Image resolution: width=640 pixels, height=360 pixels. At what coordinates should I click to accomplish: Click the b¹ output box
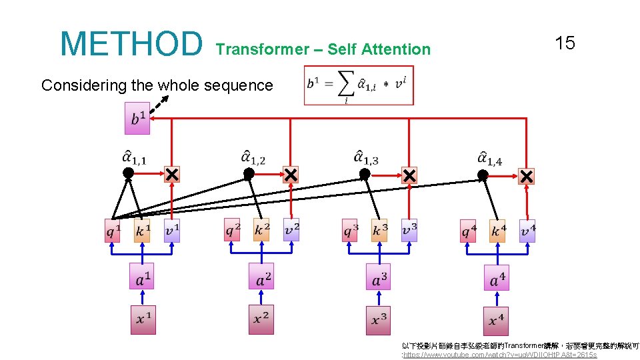pos(137,119)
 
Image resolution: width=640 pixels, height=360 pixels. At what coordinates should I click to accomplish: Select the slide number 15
pos(565,44)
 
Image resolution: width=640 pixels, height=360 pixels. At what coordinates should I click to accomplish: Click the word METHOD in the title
pos(131,44)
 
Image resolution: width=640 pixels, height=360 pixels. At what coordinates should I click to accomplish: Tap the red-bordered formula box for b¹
pos(359,85)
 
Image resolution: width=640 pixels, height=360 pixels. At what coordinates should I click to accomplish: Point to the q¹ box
pos(113,231)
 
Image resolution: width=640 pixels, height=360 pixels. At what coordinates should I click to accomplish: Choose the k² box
pos(261,230)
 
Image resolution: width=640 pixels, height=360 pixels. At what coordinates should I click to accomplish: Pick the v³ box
pos(409,231)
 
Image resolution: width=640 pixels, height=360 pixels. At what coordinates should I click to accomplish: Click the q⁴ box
pos(469,231)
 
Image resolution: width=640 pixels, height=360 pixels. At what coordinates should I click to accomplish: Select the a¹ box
pos(141,277)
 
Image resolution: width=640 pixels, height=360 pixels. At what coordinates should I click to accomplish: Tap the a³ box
pos(378,277)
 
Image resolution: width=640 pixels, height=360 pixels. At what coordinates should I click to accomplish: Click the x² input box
pos(261,319)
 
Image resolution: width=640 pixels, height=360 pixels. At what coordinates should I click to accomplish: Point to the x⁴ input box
pos(495,320)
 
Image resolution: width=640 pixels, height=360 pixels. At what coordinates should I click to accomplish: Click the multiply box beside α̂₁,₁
pos(172,175)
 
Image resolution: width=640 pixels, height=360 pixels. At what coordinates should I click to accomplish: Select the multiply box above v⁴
pos(527,177)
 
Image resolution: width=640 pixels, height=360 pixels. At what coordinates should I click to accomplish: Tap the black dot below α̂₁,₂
pos(249,173)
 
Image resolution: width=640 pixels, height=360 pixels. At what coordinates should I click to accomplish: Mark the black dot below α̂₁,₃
pos(365,174)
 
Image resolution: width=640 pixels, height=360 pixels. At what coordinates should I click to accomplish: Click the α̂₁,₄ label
pos(489,158)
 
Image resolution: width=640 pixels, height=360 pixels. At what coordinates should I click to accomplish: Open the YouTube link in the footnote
pos(499,355)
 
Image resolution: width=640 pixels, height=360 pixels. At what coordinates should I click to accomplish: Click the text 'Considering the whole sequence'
pos(157,85)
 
